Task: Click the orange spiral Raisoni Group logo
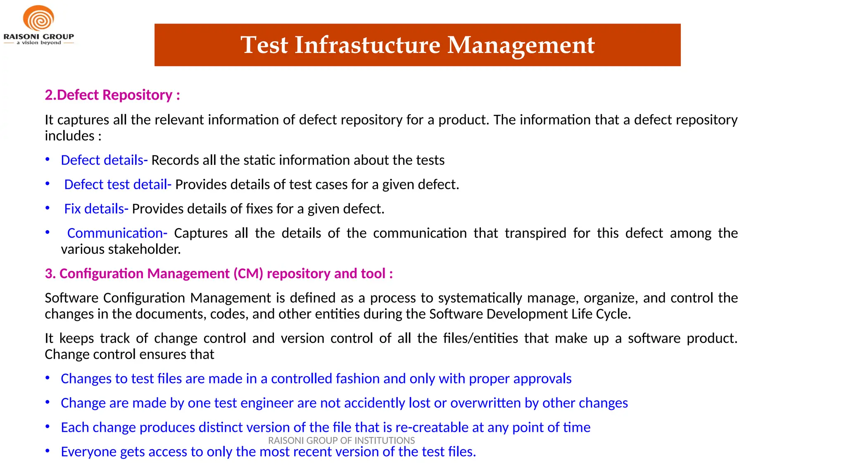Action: [x=38, y=19]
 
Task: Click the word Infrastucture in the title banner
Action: [x=367, y=45]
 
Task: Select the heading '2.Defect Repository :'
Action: [x=112, y=95]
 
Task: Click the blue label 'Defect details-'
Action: [x=104, y=160]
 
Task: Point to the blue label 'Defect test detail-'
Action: [x=118, y=185]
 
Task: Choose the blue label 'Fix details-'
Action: [x=96, y=209]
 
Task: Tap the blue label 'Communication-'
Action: [x=117, y=233]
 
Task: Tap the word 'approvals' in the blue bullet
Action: [x=542, y=379]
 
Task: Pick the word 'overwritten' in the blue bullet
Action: [x=485, y=403]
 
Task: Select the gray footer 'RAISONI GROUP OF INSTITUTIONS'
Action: [x=341, y=440]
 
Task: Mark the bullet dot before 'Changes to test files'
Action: [x=48, y=378]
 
